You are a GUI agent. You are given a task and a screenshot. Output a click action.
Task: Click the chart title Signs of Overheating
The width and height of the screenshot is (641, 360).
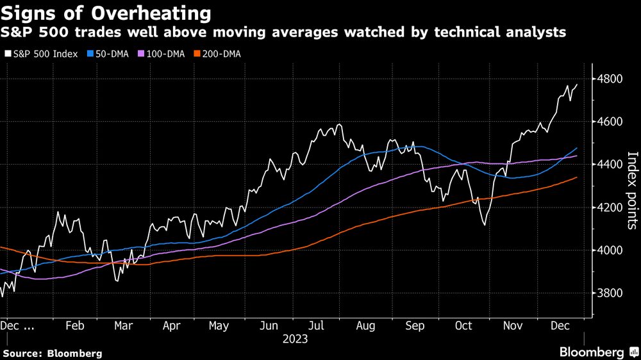click(x=107, y=13)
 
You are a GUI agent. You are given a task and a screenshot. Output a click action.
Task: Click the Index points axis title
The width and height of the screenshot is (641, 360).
click(x=632, y=190)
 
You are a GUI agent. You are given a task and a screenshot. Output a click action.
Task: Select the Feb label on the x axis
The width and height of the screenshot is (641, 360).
click(x=75, y=325)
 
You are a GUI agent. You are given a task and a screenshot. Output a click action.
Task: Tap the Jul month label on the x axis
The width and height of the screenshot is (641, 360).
click(x=317, y=325)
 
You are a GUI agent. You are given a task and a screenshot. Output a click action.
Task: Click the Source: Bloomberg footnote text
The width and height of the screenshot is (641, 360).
click(x=53, y=353)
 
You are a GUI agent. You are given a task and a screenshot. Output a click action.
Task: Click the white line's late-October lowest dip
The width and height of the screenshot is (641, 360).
click(x=483, y=225)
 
